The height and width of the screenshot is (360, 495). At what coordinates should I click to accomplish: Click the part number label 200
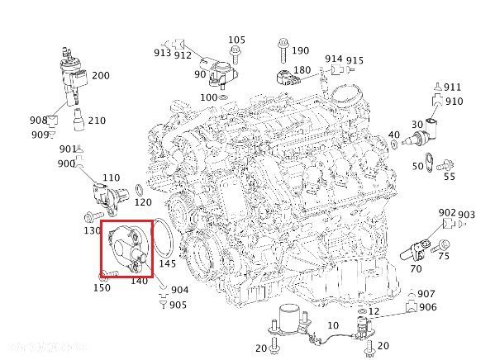[101, 75]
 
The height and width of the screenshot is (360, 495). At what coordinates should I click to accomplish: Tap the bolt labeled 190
[283, 50]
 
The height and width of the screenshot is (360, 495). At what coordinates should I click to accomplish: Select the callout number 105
[236, 40]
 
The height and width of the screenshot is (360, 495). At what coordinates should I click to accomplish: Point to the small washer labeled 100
[223, 97]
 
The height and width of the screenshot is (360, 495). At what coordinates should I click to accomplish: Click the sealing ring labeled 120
[140, 190]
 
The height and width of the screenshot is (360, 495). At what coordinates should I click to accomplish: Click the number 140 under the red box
[139, 281]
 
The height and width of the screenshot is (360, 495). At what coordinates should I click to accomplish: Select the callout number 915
[355, 60]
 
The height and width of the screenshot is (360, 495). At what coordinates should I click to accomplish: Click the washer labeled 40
[395, 144]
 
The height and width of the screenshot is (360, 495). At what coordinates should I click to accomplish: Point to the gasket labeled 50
[428, 161]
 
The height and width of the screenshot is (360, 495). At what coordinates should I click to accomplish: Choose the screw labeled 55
[445, 165]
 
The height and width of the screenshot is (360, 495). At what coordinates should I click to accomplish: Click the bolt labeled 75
[440, 245]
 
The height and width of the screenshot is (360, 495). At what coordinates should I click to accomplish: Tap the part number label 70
[416, 269]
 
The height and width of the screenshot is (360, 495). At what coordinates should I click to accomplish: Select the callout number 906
[428, 306]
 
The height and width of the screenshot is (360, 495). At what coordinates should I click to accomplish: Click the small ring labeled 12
[362, 311]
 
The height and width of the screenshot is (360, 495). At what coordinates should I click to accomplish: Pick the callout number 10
[333, 325]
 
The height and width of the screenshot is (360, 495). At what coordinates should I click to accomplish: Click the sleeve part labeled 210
[78, 120]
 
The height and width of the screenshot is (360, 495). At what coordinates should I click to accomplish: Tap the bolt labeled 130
[93, 217]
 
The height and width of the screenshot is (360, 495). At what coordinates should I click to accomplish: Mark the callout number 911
[452, 87]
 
